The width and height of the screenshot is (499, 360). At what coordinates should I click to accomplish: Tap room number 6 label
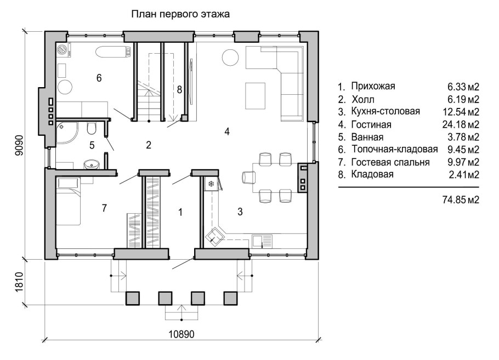point(99,78)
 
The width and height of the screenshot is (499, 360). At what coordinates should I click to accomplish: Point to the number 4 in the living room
point(226,132)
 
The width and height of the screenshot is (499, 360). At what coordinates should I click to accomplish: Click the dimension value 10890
point(181,334)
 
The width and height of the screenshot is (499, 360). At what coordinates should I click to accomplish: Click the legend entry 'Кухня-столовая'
point(385,111)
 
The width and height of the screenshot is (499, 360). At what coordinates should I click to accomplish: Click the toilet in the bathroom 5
point(92,130)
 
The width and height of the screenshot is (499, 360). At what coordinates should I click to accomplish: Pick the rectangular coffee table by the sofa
point(256,96)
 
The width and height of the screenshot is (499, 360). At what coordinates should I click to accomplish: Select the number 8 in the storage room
point(179,89)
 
